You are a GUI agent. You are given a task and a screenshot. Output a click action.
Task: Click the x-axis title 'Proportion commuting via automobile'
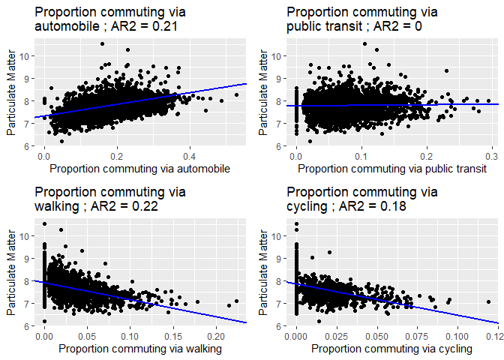click(140, 169)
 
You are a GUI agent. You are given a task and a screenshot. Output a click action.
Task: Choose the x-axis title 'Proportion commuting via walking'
click(140, 349)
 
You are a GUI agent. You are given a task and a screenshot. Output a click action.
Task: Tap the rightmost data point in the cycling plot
click(488, 302)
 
